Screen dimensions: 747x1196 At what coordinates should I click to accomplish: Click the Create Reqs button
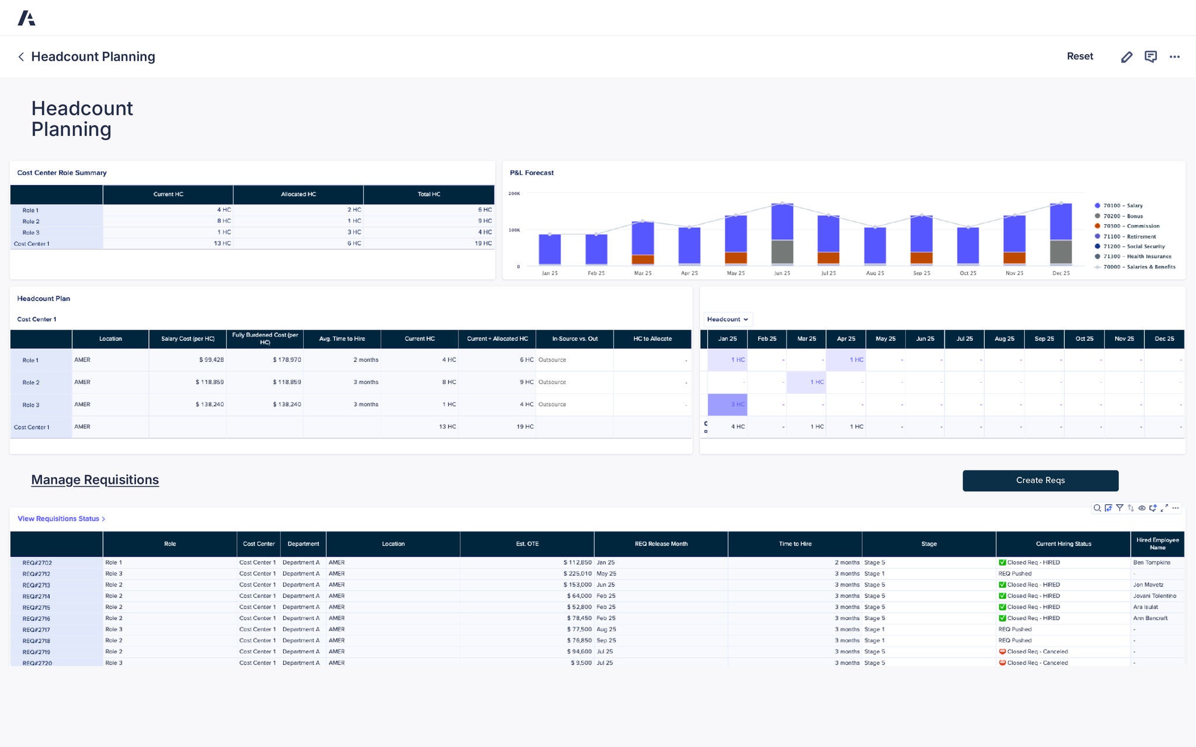tap(1040, 480)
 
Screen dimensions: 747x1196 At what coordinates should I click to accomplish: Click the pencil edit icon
tap(1127, 57)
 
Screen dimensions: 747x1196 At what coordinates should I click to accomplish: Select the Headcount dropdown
tap(728, 319)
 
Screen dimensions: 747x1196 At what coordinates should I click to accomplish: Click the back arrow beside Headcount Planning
tap(21, 57)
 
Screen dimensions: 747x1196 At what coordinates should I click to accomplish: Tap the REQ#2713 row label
tap(36, 585)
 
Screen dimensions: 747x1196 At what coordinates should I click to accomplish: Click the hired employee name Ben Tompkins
tap(1151, 563)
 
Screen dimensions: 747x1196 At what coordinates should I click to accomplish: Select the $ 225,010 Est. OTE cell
tap(577, 574)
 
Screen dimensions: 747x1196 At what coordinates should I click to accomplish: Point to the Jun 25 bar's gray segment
tap(782, 252)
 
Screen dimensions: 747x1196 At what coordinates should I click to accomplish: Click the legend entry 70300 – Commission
tap(1131, 226)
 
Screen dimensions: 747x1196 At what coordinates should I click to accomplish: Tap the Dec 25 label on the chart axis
tap(1061, 273)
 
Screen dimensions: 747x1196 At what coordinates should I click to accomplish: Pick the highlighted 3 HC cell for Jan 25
tap(728, 404)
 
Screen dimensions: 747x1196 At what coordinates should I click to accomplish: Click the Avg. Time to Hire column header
tap(342, 338)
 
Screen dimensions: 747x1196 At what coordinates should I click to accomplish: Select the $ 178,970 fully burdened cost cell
tap(287, 360)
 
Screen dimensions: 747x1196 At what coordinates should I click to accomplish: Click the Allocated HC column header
tap(298, 194)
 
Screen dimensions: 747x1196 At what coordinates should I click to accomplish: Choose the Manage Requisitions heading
tap(95, 480)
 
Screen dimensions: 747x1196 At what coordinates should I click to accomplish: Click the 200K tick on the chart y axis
tap(514, 193)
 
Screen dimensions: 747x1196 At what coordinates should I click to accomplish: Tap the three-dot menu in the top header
tap(1174, 57)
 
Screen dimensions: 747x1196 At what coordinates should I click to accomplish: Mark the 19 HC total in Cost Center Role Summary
tap(483, 243)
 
